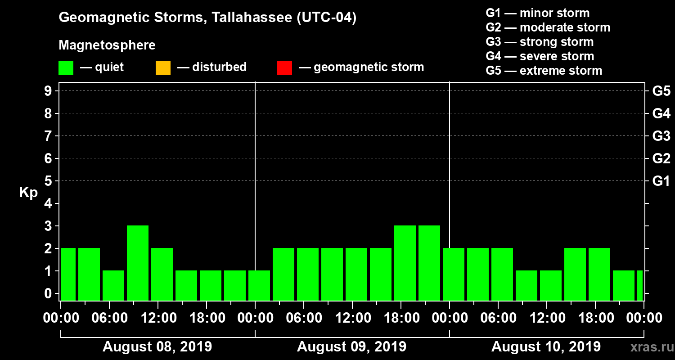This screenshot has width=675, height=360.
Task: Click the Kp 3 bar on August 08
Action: tap(138, 263)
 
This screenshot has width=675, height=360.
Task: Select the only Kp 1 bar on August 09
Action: tap(259, 285)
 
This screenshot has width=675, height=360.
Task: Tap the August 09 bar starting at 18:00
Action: tap(405, 263)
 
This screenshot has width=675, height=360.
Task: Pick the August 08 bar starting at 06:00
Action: tap(113, 285)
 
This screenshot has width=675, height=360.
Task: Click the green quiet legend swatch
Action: tap(66, 68)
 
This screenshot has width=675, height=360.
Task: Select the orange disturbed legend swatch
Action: tap(163, 68)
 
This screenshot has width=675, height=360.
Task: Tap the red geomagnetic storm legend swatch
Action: tap(284, 68)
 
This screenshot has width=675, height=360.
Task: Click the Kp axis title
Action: tap(28, 193)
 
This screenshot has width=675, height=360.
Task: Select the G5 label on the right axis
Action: tap(661, 91)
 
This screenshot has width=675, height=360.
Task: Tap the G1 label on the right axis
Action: tap(661, 181)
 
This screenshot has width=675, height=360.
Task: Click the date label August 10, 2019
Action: tap(546, 347)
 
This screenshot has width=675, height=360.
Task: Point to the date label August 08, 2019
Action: tap(157, 347)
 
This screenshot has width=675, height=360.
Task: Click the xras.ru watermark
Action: tap(648, 347)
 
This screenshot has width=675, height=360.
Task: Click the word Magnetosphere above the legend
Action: tap(107, 45)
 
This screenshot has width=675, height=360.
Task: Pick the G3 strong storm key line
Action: tap(540, 42)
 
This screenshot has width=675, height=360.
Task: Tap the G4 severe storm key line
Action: tap(540, 56)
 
